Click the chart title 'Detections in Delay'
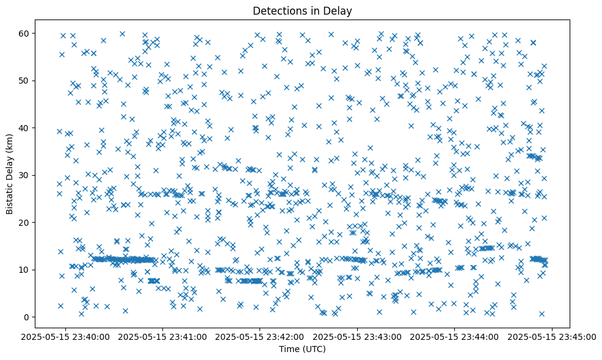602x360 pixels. pos(302,10)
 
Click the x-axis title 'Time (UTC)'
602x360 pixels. pos(302,349)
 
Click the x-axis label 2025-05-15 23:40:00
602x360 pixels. pos(67,336)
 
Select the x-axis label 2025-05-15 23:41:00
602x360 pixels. pos(164,336)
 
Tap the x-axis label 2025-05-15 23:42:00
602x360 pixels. pos(261,336)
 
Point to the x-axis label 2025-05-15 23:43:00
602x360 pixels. pos(358,336)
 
